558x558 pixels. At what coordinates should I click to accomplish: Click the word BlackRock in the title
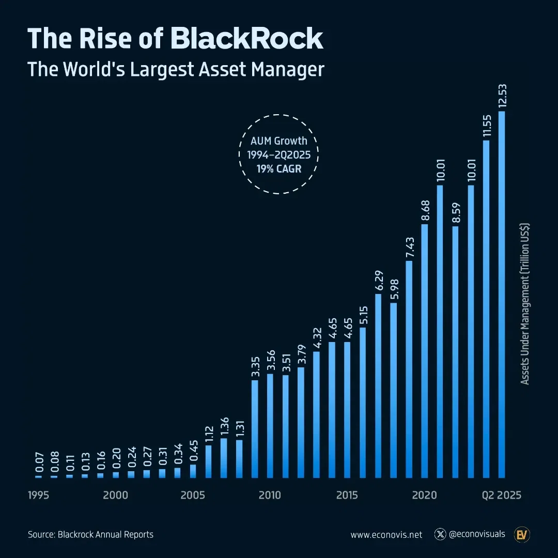(x=247, y=39)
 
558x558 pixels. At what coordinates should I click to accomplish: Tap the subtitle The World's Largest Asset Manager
(x=176, y=69)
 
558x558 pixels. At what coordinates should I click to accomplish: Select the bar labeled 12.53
(x=501, y=295)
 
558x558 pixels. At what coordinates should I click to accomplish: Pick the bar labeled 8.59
(x=455, y=352)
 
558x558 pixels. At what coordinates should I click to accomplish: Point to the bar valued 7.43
(x=409, y=369)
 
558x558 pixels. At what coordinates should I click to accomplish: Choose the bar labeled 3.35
(x=255, y=429)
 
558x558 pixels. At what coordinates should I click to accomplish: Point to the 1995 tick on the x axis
(x=38, y=495)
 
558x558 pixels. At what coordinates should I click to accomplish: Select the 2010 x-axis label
(x=270, y=495)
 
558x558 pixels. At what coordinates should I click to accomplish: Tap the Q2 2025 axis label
(x=502, y=495)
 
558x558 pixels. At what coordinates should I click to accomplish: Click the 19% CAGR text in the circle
(x=278, y=168)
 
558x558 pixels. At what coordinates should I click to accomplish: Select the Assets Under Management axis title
(x=525, y=304)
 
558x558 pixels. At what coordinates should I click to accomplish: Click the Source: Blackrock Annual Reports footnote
(x=90, y=535)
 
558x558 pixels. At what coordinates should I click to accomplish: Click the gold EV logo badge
(x=521, y=535)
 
